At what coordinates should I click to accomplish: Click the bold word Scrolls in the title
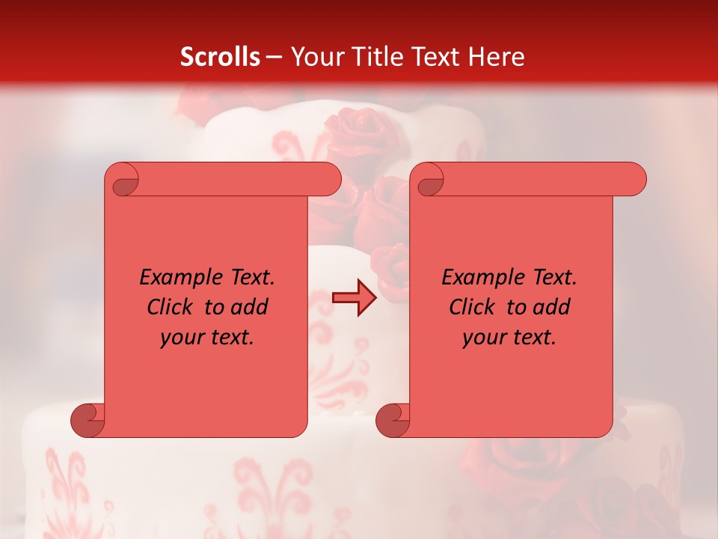[x=220, y=56]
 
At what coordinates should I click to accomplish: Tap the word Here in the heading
[x=496, y=56]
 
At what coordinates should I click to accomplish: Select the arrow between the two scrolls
[x=355, y=298]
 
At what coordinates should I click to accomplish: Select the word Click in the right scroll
[x=472, y=307]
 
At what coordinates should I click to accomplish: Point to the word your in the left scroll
[x=180, y=338]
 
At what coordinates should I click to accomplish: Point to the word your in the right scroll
[x=482, y=338]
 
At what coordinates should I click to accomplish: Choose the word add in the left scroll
[x=250, y=307]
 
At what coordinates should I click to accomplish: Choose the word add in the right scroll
[x=552, y=307]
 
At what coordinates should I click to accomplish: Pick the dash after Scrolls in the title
[x=274, y=57]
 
